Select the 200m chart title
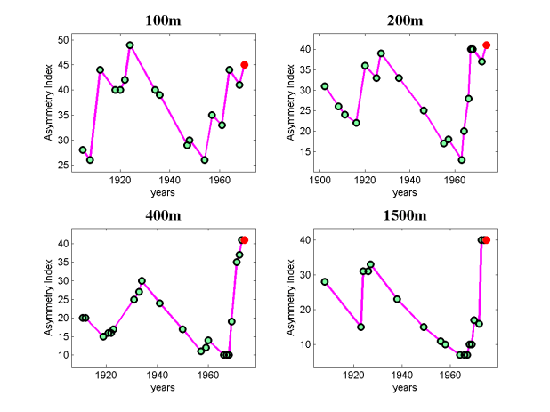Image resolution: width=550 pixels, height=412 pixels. tap(405, 20)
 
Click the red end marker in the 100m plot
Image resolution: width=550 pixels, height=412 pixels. tap(244, 64)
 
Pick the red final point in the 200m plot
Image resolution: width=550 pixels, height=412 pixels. tap(487, 44)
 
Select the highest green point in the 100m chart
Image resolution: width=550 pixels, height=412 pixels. tap(130, 44)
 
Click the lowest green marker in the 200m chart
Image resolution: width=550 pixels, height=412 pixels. tap(462, 160)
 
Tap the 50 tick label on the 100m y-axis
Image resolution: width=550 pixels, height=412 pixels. tap(63, 39)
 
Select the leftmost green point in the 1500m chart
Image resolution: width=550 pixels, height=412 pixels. tap(325, 281)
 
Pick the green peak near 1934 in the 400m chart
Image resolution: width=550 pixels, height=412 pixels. tap(142, 280)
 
